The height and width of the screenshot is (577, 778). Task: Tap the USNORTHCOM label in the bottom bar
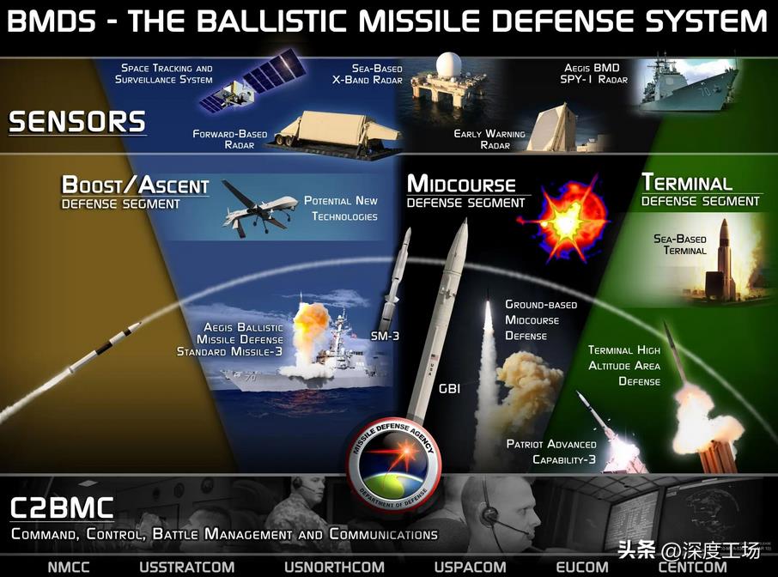pyautogui.click(x=334, y=567)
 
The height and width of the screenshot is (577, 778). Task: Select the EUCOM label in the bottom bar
pyautogui.click(x=582, y=567)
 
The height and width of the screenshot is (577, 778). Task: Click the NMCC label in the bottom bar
pyautogui.click(x=69, y=567)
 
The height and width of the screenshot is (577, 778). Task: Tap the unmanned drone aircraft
pyautogui.click(x=258, y=210)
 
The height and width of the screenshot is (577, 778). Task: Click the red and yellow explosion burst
pyautogui.click(x=567, y=222)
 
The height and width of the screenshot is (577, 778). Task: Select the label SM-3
pyautogui.click(x=385, y=336)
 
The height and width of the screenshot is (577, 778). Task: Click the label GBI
pyautogui.click(x=449, y=388)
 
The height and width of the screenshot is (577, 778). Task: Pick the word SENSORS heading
pyautogui.click(x=77, y=122)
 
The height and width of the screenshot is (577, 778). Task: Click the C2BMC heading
pyautogui.click(x=62, y=507)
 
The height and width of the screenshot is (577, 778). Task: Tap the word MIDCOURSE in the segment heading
pyautogui.click(x=461, y=184)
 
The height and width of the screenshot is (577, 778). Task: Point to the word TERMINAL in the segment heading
pyautogui.click(x=687, y=182)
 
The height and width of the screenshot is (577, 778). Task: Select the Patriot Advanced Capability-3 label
pyautogui.click(x=551, y=452)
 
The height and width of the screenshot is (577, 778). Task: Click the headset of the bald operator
pyautogui.click(x=489, y=511)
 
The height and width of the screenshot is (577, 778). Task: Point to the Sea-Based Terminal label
pyautogui.click(x=680, y=244)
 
